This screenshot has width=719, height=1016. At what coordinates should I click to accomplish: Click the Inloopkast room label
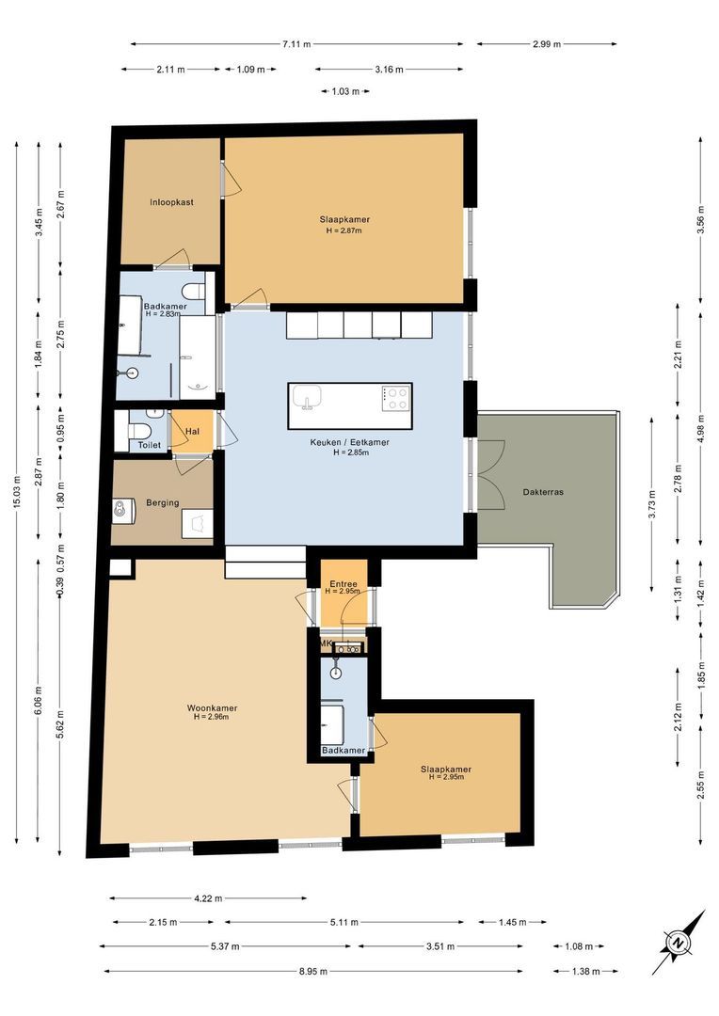[x=172, y=202]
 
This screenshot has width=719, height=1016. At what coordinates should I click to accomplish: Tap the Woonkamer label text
[x=212, y=708]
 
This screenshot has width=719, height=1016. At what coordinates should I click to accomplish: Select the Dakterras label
[x=543, y=492]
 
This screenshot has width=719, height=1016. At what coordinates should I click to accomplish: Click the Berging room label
[x=163, y=502]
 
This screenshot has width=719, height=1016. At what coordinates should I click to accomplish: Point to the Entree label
[x=343, y=584]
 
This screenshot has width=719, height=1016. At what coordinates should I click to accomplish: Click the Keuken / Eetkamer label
[x=350, y=442]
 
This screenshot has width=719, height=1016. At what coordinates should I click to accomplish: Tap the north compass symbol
[x=679, y=942]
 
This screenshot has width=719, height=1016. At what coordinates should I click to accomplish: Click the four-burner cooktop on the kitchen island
[x=395, y=399]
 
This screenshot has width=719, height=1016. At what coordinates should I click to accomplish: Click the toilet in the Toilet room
[x=139, y=430]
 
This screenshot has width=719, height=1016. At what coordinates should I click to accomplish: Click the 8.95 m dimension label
[x=313, y=971]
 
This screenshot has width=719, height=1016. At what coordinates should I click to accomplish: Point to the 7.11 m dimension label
[x=296, y=44]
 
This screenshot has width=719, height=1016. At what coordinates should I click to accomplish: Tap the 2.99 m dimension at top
[x=547, y=44]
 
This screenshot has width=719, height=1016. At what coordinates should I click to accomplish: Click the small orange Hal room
[x=192, y=431]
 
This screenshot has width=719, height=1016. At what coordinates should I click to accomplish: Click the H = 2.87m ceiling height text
[x=344, y=230]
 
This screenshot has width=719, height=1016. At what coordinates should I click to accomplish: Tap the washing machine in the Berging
[x=123, y=510]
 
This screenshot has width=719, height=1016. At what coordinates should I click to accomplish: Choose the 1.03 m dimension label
[x=345, y=91]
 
